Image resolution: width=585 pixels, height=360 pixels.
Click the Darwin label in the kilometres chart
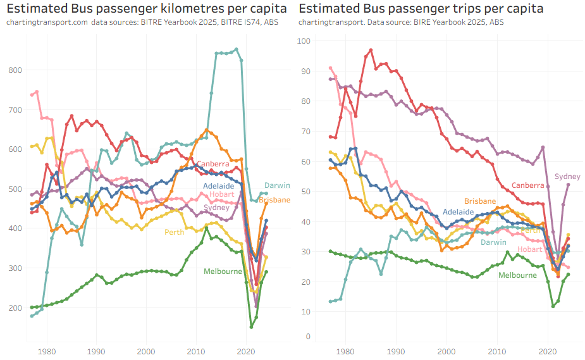(277, 186)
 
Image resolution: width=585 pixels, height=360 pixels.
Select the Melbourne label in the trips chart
(517, 275)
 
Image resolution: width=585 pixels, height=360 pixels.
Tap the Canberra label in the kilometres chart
(212, 164)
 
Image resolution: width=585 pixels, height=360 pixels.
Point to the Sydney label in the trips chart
(567, 177)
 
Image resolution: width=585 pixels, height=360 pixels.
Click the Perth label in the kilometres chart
(174, 232)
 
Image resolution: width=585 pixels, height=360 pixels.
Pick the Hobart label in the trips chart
(529, 249)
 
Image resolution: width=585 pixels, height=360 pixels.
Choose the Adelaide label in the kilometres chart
(219, 186)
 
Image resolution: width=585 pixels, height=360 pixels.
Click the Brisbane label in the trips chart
(480, 201)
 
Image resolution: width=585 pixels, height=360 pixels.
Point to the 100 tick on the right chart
(305, 41)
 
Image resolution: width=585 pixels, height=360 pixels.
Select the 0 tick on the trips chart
(309, 336)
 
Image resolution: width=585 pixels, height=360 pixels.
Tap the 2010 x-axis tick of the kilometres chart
(195, 351)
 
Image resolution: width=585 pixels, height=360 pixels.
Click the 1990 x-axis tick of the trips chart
(396, 351)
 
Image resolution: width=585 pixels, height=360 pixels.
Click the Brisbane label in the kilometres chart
(274, 200)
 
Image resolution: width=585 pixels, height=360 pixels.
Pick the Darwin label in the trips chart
(493, 242)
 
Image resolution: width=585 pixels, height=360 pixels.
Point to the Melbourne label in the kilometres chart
(223, 271)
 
